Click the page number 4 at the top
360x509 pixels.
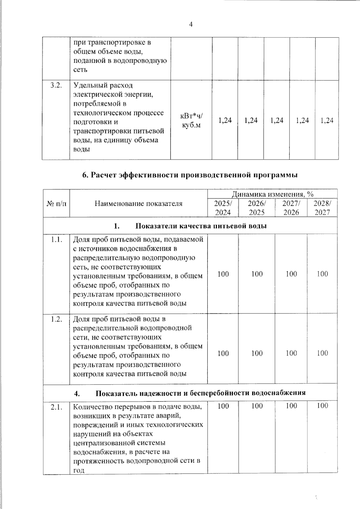[x=190, y=25]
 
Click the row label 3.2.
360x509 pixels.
[x=56, y=85]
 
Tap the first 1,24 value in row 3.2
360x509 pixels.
[x=225, y=120]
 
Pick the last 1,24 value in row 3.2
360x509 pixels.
[x=327, y=120]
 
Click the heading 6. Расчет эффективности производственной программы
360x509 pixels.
[x=190, y=175]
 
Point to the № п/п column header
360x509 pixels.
[x=56, y=204]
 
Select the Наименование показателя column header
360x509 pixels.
[x=139, y=204]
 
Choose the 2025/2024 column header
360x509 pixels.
[x=223, y=208]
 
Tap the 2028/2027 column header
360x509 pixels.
[x=322, y=208]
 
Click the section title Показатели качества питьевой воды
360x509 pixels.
[x=201, y=226]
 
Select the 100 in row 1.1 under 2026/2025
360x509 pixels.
[x=257, y=274]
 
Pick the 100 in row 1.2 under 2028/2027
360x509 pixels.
[x=322, y=353]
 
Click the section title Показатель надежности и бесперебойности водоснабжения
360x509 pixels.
[x=201, y=393]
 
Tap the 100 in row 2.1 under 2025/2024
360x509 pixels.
[x=223, y=406]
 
